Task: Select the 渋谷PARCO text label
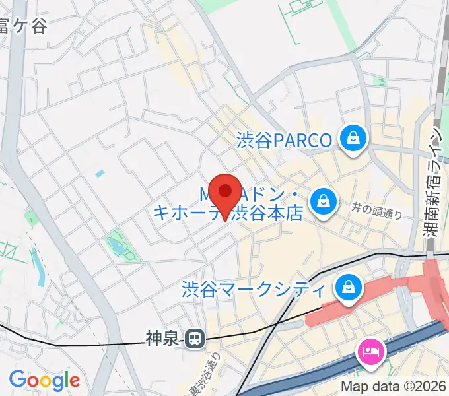pos(284,141)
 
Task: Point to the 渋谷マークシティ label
pos(254,289)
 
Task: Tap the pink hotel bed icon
pos(370,350)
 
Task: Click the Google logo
pos(44,380)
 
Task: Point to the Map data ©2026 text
pos(394,386)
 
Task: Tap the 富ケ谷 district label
pos(23,26)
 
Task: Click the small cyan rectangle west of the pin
pos(100,174)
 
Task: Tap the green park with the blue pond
pos(120,245)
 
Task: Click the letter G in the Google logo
pos(18,379)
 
